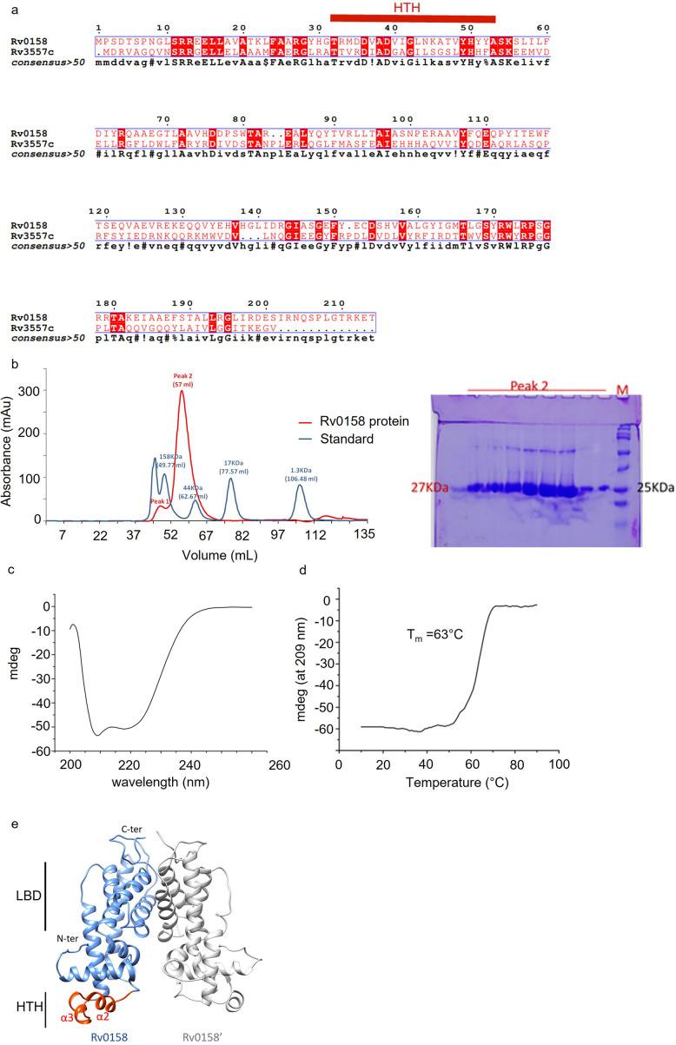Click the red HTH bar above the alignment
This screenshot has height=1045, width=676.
click(x=413, y=18)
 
